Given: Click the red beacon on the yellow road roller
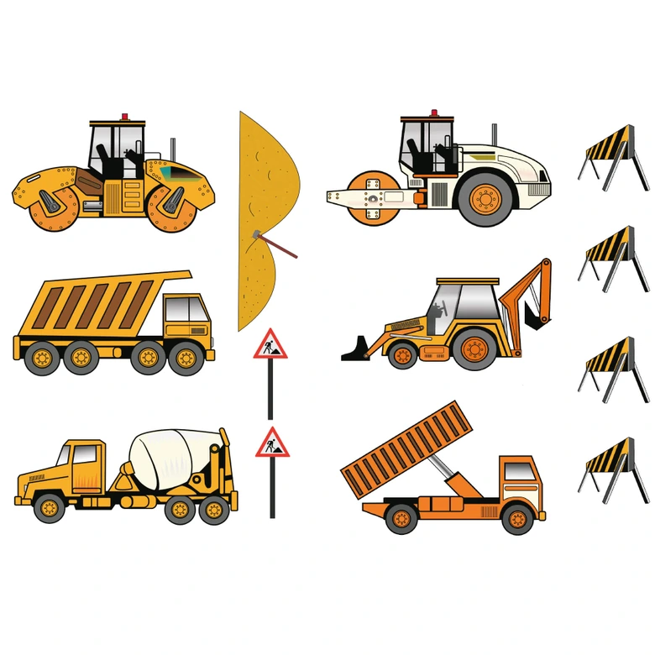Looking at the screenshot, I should (x=125, y=116).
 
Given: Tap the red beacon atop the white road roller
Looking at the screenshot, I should (x=434, y=113).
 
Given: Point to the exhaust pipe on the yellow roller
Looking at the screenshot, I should (x=173, y=149).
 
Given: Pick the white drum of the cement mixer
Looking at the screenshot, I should (x=177, y=458).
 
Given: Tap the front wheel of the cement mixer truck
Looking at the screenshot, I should (x=49, y=506).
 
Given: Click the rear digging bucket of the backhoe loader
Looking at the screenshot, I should (x=533, y=314).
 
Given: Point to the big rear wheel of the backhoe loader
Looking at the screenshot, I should (x=476, y=348).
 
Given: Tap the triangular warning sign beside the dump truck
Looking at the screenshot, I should (x=270, y=344).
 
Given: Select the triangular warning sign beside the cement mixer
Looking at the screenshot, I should (x=271, y=443).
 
